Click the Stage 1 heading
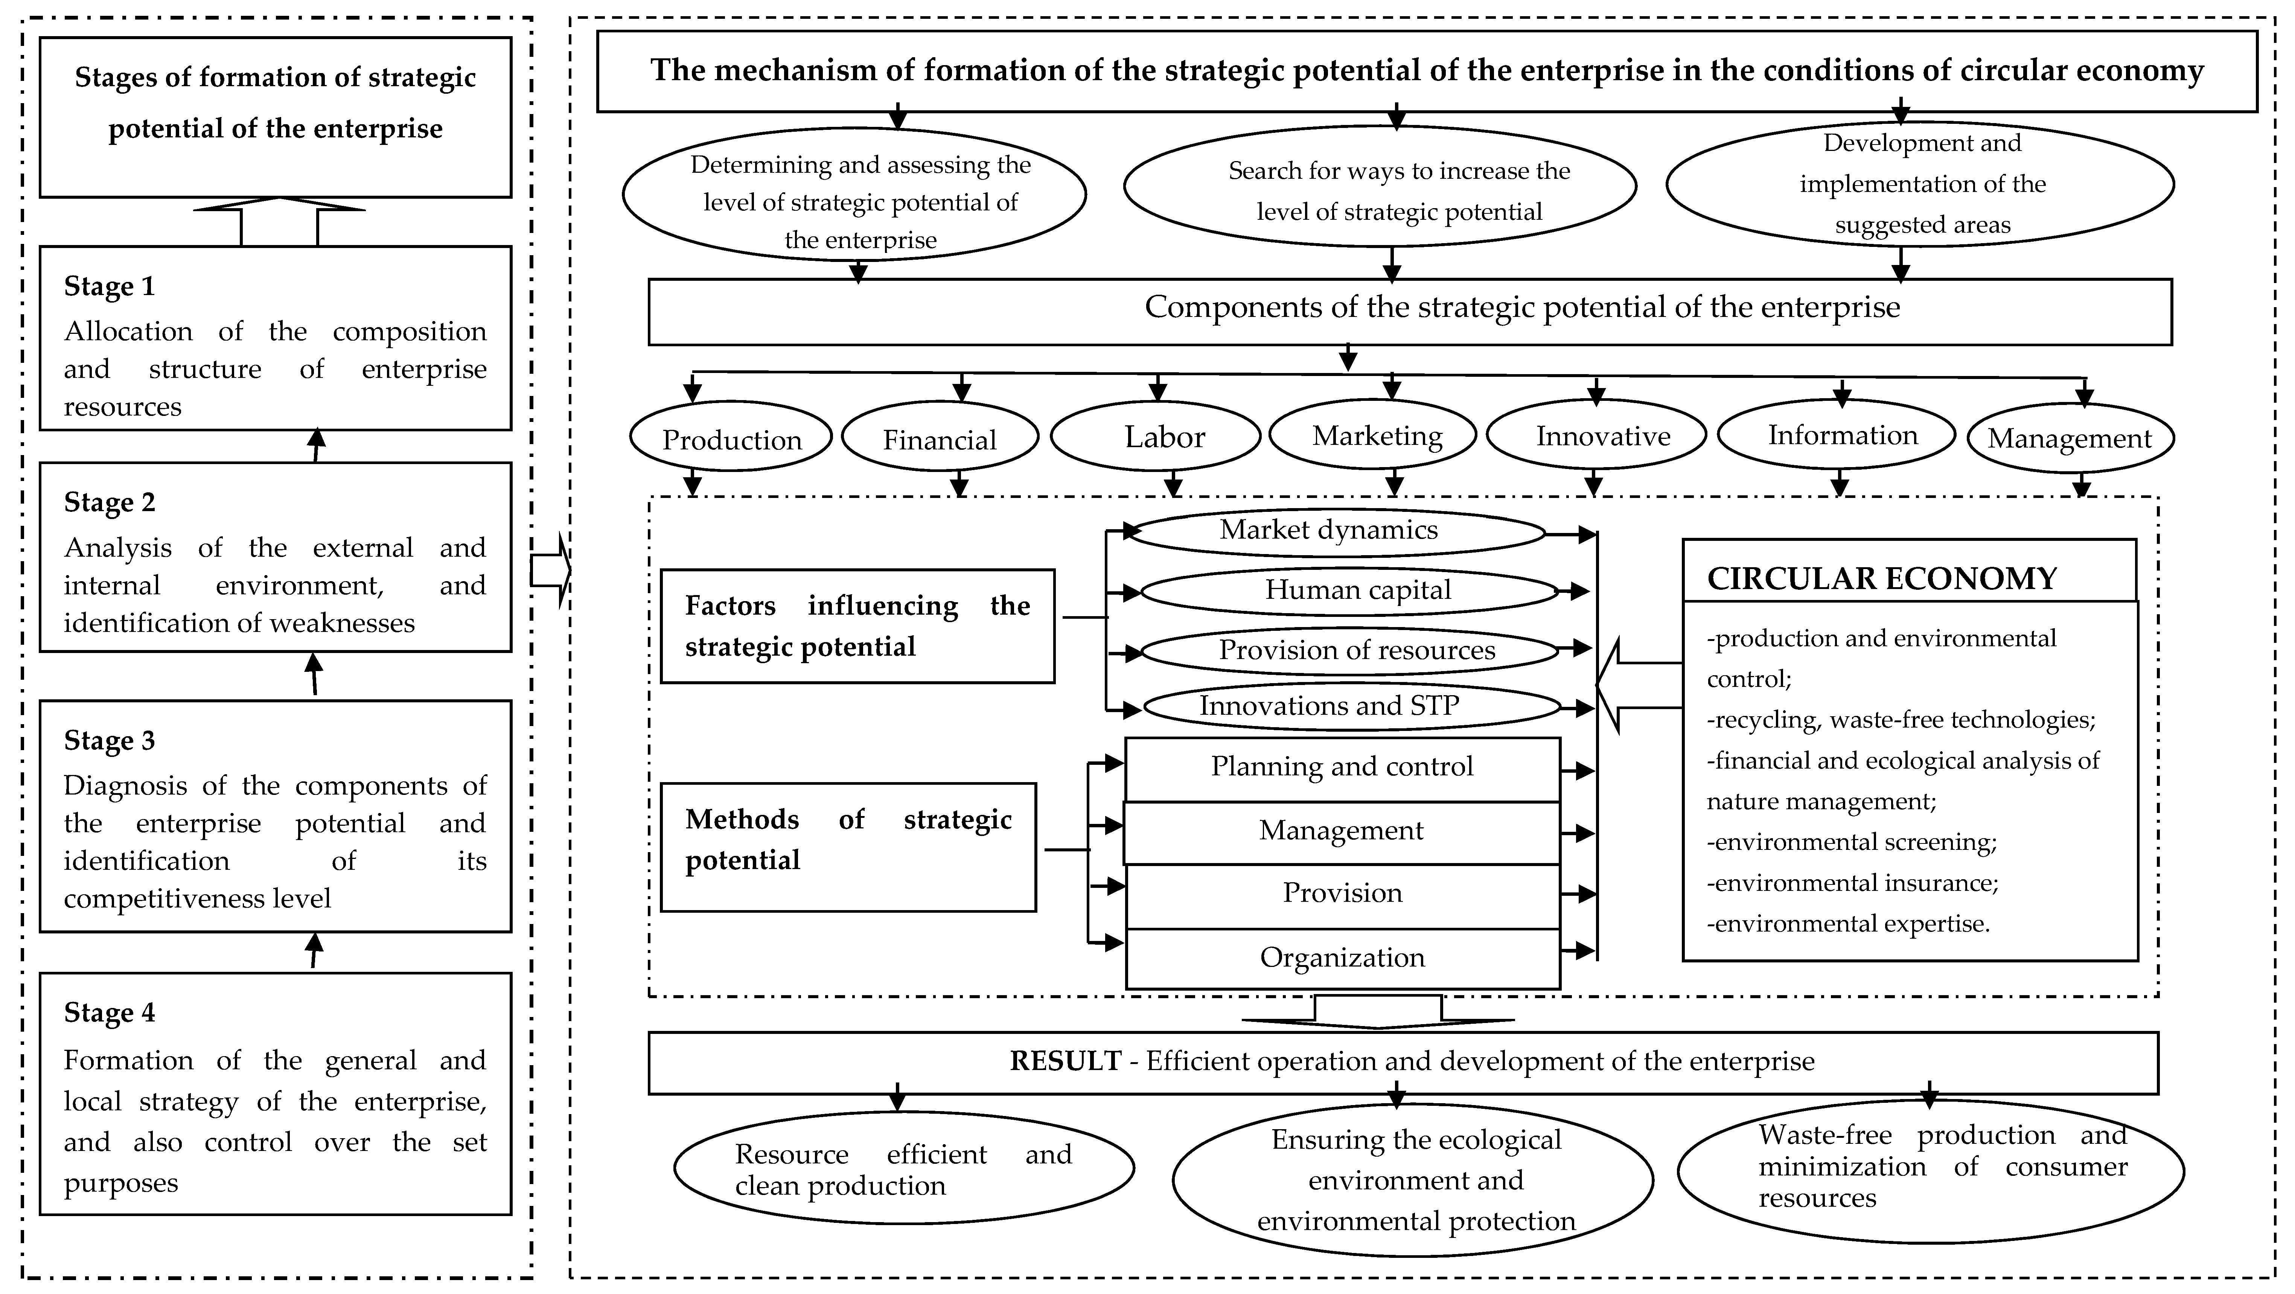tap(110, 287)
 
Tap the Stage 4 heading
tap(110, 1014)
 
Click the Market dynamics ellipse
tap(1328, 531)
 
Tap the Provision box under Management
tap(1342, 893)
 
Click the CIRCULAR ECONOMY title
tap(1882, 579)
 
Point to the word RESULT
tap(1065, 1061)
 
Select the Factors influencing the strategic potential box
tap(857, 626)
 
